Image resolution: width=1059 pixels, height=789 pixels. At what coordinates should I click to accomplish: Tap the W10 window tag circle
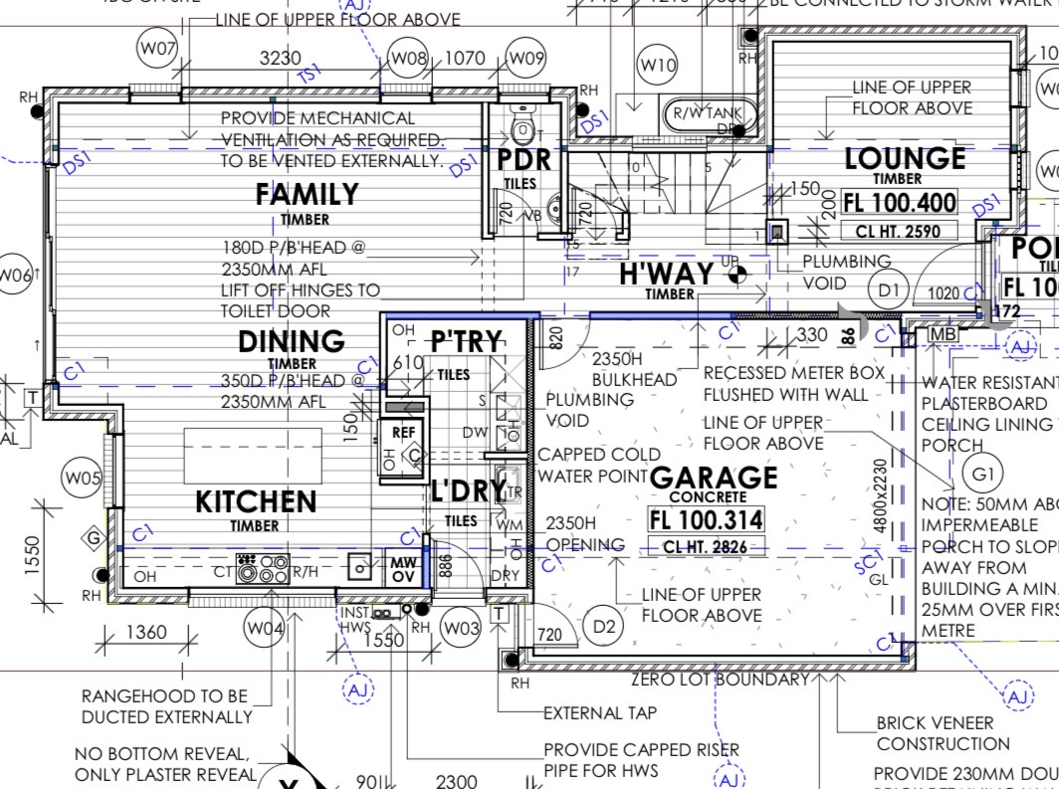[657, 67]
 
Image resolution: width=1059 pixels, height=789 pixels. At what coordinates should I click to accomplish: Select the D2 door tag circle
[604, 627]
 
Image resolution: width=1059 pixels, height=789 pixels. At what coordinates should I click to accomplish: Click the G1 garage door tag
[982, 474]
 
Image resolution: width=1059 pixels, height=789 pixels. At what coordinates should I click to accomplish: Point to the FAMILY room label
[306, 194]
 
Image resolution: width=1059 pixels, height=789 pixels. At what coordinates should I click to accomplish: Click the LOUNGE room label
[905, 157]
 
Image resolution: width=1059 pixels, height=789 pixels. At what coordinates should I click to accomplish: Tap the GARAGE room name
[714, 478]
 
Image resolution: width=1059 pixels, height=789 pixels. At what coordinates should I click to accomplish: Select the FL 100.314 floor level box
[706, 519]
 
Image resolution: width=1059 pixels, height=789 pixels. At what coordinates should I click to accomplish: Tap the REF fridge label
[402, 433]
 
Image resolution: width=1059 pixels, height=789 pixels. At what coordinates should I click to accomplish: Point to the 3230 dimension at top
[280, 58]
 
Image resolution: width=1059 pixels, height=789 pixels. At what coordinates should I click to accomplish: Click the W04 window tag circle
[265, 628]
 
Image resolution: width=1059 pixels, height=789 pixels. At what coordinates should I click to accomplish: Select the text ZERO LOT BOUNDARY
[720, 680]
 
